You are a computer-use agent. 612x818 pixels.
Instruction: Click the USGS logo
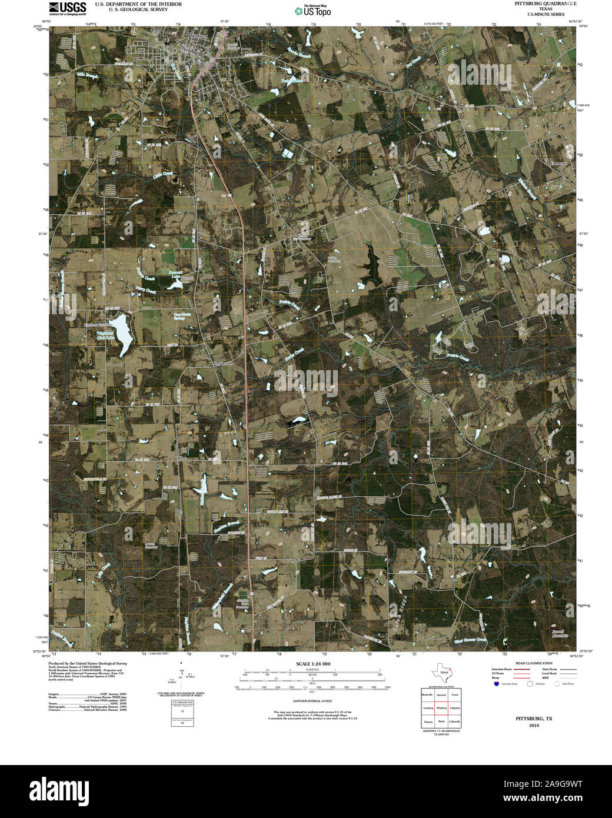pyautogui.click(x=68, y=8)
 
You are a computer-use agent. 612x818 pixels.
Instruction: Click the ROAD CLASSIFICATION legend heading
pyautogui.click(x=534, y=663)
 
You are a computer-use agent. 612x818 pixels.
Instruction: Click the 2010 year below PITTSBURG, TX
pyautogui.click(x=534, y=726)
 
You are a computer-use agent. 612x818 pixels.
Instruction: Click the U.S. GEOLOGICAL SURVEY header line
pyautogui.click(x=138, y=9)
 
